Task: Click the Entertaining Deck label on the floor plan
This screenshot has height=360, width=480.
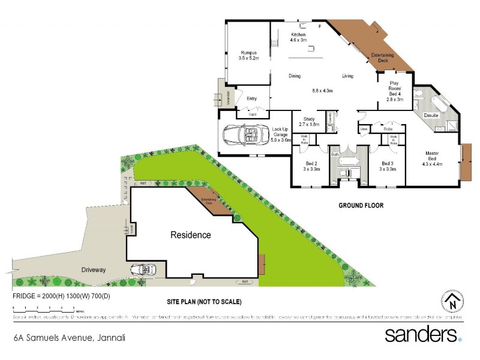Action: pos(383,58)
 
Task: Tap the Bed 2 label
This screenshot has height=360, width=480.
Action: pos(311,166)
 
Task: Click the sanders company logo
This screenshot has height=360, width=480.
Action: pos(423,334)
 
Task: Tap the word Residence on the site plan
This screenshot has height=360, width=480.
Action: pos(190,235)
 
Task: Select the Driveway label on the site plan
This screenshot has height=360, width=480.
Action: pos(94,270)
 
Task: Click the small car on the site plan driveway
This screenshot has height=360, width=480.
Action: pos(143,269)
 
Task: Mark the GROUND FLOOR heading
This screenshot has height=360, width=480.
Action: pos(361,205)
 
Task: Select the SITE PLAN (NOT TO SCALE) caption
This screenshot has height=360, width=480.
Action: pos(204,302)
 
